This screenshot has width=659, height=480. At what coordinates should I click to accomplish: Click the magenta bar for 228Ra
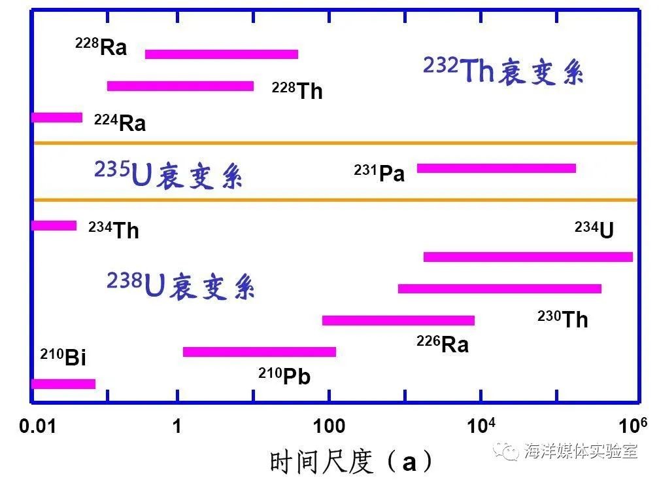pos(221,54)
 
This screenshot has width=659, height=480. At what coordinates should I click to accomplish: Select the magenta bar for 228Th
pos(180,86)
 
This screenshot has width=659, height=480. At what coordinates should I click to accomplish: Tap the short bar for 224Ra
pos(58,118)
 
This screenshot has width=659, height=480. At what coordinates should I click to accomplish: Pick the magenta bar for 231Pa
pos(496,168)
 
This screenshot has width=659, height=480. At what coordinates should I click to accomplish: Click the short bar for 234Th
pos(54,226)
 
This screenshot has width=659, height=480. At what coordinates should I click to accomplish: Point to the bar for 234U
pos(528,257)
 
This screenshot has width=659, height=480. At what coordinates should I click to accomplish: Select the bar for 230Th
pos(499,289)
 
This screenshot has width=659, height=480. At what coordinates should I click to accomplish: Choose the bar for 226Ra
pos(398,320)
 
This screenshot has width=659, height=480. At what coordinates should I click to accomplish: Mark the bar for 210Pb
pos(260,352)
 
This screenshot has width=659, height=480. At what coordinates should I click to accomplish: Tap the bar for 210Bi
pos(63,384)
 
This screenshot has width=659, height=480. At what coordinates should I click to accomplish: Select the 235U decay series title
pos(168,174)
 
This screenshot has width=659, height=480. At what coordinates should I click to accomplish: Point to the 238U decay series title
pos(180,285)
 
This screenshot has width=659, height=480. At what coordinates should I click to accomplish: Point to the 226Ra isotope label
pos(443,344)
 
